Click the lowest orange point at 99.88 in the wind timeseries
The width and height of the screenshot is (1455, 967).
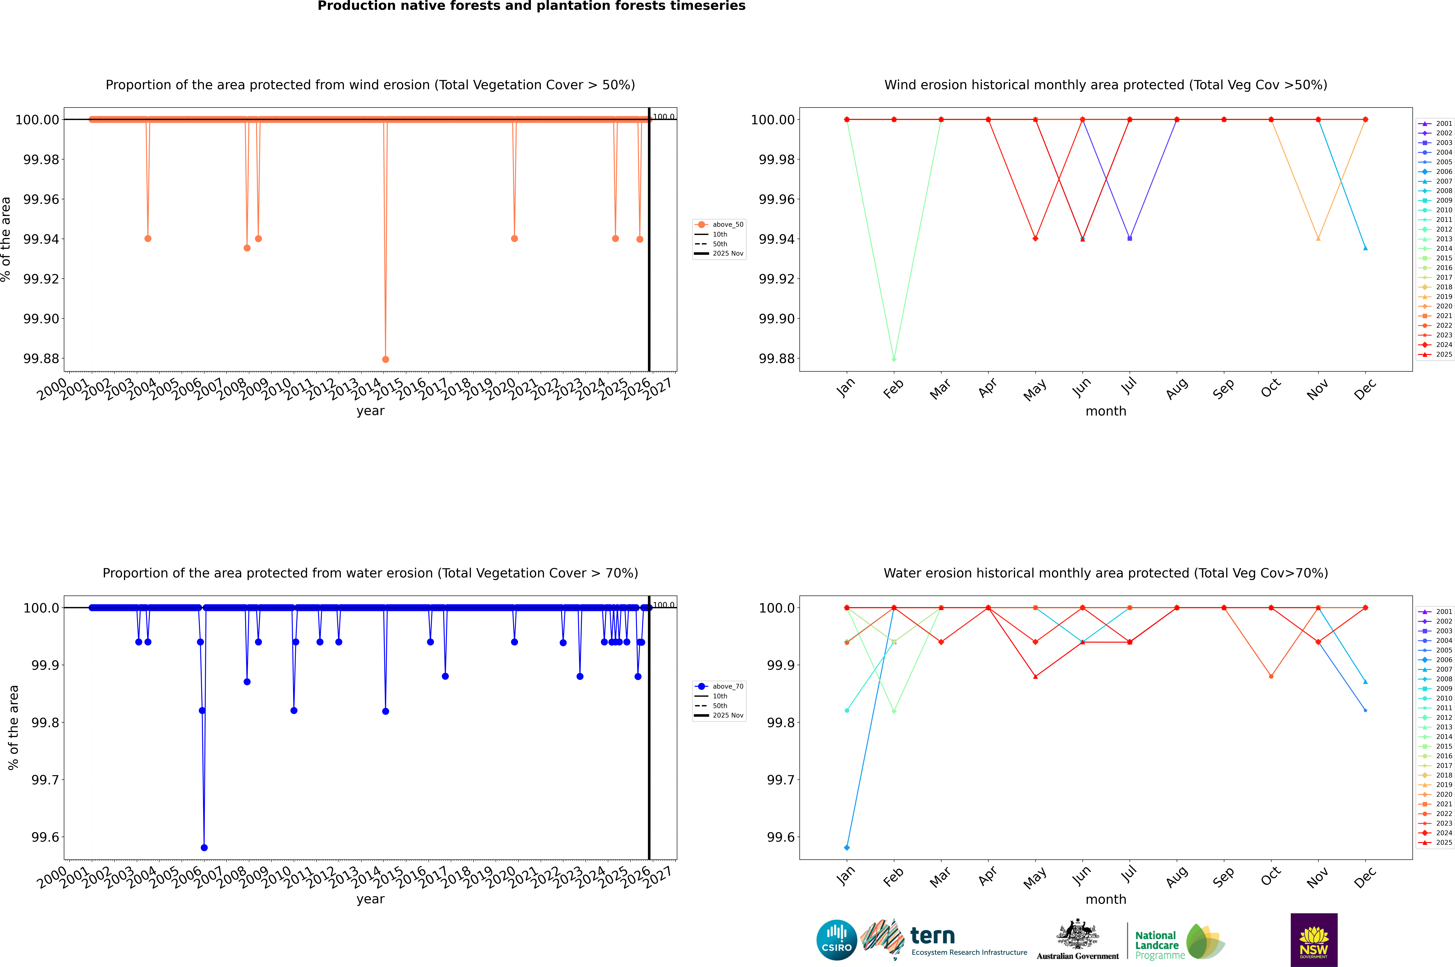tap(386, 359)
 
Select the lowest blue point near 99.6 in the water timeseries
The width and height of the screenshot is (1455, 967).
tap(204, 847)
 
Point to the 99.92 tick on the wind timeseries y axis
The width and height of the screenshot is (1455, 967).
tap(41, 279)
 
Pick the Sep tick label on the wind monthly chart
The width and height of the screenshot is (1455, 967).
tap(1224, 389)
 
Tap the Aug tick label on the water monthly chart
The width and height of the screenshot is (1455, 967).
tap(1176, 877)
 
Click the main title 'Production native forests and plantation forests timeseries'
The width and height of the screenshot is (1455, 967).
tap(531, 6)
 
